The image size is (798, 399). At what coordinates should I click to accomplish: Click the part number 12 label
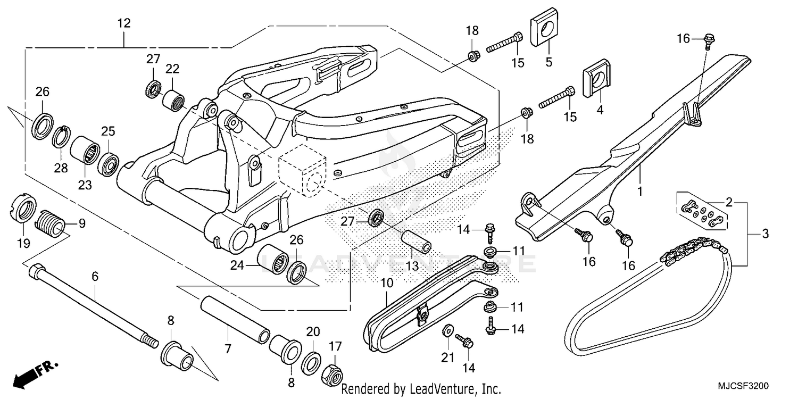pyautogui.click(x=124, y=23)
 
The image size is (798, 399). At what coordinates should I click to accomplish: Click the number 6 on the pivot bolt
pyautogui.click(x=95, y=276)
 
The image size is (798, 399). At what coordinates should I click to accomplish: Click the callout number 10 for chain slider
pyautogui.click(x=387, y=282)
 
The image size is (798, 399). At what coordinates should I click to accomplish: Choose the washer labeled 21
pyautogui.click(x=448, y=331)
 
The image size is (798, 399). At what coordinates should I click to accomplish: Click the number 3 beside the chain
pyautogui.click(x=765, y=233)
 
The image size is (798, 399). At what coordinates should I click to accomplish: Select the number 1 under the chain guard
pyautogui.click(x=640, y=190)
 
